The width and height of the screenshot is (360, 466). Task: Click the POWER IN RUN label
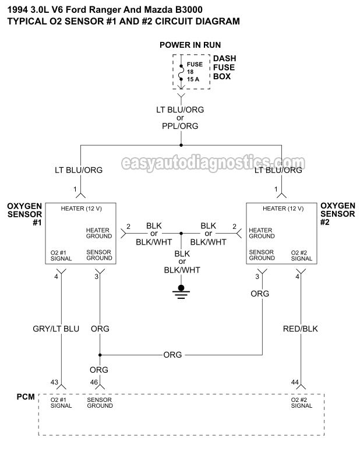tap(190, 45)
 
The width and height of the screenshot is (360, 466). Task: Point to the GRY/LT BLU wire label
tap(56, 329)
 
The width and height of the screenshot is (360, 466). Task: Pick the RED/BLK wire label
tap(301, 329)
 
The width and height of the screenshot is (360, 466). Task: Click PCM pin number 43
tap(54, 382)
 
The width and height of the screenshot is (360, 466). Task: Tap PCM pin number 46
tap(93, 382)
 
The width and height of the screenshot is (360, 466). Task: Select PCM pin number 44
tap(295, 382)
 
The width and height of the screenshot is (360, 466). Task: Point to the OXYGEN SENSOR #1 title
tap(24, 213)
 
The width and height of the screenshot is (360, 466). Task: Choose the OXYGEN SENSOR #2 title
tap(338, 213)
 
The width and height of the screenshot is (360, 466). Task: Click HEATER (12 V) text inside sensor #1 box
tap(81, 209)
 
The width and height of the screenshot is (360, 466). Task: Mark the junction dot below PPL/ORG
tap(181, 145)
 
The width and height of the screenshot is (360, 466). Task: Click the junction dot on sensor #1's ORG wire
tap(100, 355)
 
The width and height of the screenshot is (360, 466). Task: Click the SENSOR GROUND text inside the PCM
tap(100, 403)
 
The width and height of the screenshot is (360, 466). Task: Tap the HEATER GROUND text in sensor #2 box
tap(262, 233)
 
